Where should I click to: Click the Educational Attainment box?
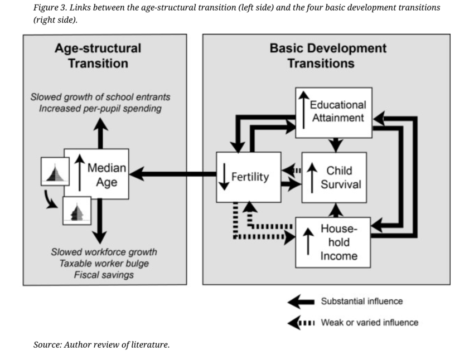click(x=333, y=112)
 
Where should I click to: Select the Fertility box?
click(x=249, y=177)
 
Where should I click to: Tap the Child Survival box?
click(x=334, y=177)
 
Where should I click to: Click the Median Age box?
click(x=96, y=174)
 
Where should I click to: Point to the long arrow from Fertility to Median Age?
click(x=173, y=174)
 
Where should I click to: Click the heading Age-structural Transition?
click(x=98, y=56)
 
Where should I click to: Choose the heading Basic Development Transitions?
click(x=327, y=56)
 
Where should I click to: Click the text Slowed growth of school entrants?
click(x=100, y=97)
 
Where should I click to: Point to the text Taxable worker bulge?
click(x=104, y=264)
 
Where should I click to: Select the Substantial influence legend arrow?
click(x=301, y=301)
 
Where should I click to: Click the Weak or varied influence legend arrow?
click(x=301, y=323)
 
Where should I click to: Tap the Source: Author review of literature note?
click(x=101, y=344)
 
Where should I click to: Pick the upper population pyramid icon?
click(x=55, y=172)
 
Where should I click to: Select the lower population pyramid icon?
click(x=76, y=211)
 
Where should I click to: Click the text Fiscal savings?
click(x=104, y=275)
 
